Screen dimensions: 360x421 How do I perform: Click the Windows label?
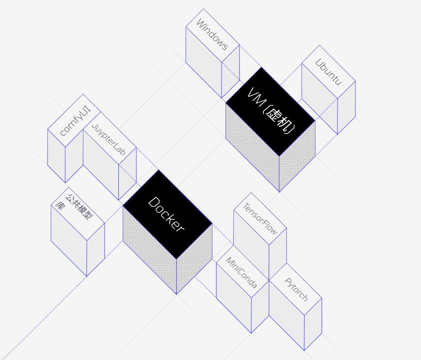(x=212, y=35)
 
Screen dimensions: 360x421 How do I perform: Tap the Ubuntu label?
(x=328, y=72)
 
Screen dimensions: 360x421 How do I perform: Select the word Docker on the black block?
(x=166, y=214)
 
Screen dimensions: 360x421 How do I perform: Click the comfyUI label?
(x=75, y=121)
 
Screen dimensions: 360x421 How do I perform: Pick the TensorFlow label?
(x=259, y=219)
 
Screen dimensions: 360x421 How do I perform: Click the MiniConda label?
(x=242, y=272)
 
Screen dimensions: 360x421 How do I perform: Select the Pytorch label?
(x=296, y=289)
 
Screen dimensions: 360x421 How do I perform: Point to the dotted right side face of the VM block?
(x=297, y=155)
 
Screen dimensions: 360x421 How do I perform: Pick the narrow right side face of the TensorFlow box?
(x=277, y=252)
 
